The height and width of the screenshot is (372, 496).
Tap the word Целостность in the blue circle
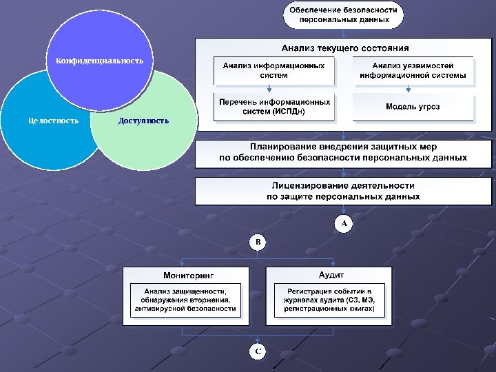49,121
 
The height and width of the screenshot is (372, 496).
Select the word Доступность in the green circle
143,121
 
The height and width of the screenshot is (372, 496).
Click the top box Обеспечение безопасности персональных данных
343,15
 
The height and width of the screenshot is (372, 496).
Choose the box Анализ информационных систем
273,70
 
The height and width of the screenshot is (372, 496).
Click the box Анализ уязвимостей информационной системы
413,70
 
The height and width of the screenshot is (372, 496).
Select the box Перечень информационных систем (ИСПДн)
273,107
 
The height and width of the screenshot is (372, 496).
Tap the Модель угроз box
413,107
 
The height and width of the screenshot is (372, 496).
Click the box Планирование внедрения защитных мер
343,152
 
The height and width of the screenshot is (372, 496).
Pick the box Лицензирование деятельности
343,191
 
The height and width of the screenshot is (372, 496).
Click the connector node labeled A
343,224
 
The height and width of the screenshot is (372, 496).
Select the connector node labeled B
257,242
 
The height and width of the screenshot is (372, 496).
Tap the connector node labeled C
257,352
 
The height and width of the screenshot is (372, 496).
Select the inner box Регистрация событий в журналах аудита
329,300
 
